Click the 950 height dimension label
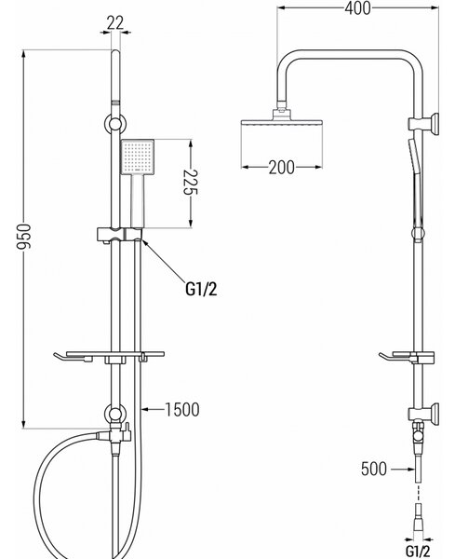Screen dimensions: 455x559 [x=24, y=237]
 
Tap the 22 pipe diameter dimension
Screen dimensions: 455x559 [x=115, y=22]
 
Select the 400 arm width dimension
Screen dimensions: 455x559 [x=358, y=8]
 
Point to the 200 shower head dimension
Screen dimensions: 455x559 [x=282, y=167]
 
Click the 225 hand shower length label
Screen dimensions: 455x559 [x=191, y=183]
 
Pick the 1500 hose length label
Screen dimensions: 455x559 [x=182, y=410]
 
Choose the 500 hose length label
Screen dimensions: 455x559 [x=373, y=469]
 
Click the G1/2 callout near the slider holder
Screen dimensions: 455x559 [x=201, y=289]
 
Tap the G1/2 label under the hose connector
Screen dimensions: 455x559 [x=418, y=551]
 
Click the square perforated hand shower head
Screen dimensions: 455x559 [x=138, y=157]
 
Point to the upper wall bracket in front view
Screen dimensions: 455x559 [x=115, y=124]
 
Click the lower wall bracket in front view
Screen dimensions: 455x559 [x=115, y=415]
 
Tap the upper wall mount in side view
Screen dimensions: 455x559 [x=423, y=124]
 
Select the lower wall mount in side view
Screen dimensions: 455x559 [x=423, y=415]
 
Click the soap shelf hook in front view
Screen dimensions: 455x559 [x=73, y=358]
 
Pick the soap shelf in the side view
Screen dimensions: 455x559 [x=407, y=357]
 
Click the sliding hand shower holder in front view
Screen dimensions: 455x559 [x=120, y=234]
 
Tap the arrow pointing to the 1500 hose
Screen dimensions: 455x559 [x=153, y=409]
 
